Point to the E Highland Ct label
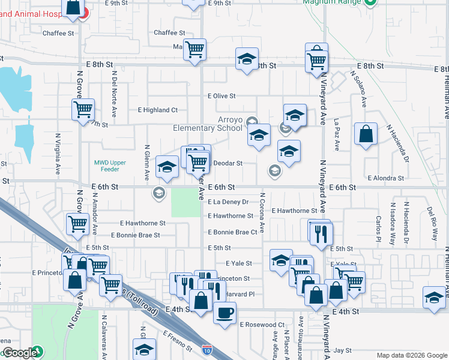click(158, 110)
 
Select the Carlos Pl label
click(378, 228)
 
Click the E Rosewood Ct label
click(262, 325)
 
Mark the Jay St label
click(342, 350)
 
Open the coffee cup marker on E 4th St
click(224, 313)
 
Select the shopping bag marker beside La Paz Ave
click(366, 134)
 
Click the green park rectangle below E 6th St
click(185, 203)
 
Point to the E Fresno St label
click(178, 340)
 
